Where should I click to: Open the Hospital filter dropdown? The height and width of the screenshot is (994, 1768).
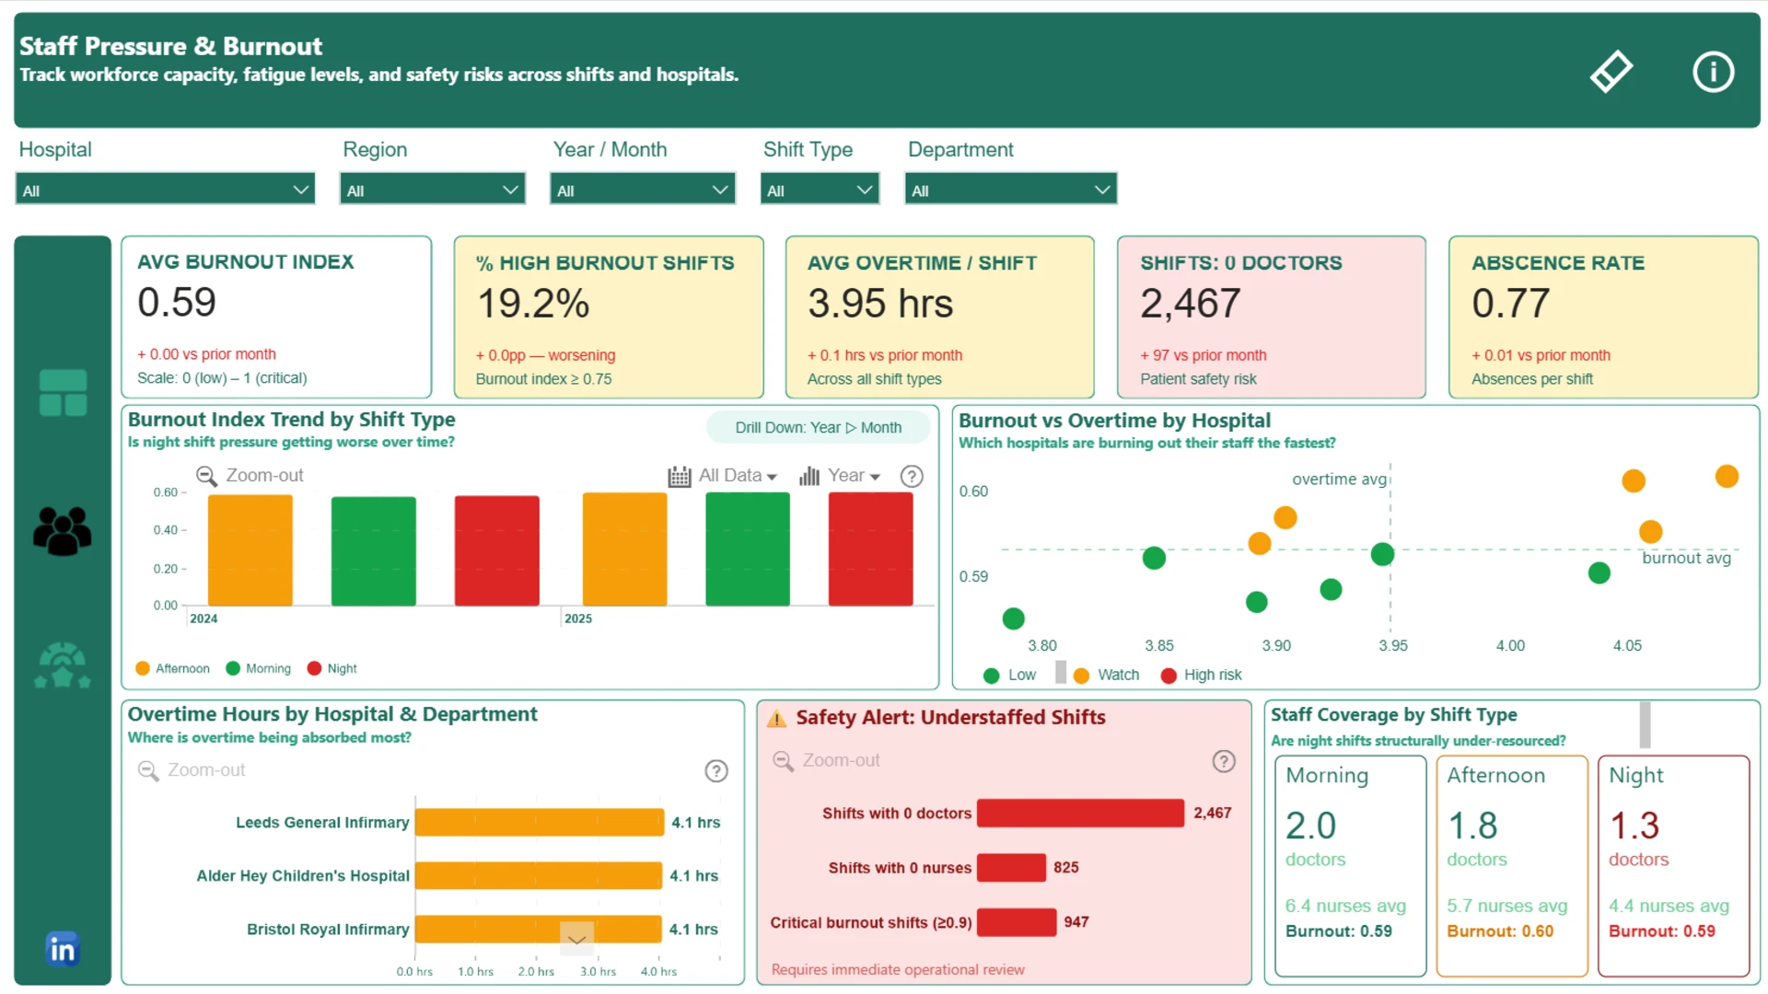tap(166, 190)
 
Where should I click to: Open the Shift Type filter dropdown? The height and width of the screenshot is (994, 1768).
tap(820, 190)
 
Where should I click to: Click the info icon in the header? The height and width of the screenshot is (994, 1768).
tap(1713, 71)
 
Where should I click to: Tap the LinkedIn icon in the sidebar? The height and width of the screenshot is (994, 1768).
tap(63, 948)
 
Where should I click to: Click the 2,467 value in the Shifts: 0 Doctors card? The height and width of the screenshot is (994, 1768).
tap(1191, 304)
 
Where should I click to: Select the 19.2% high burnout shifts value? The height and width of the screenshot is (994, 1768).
tap(533, 304)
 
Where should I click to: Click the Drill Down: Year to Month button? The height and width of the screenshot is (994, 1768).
tap(818, 427)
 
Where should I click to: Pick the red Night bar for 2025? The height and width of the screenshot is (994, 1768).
tap(870, 549)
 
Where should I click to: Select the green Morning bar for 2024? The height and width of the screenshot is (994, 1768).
tap(373, 551)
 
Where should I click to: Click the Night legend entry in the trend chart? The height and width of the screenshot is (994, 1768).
tap(332, 668)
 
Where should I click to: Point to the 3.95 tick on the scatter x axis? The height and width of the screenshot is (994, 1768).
tap(1392, 645)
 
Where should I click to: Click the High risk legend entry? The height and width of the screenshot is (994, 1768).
tap(1202, 675)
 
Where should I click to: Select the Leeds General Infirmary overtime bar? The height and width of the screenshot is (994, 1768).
tap(540, 822)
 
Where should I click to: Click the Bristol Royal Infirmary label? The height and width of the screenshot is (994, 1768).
tap(328, 930)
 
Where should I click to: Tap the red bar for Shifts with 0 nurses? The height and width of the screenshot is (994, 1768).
tap(1011, 867)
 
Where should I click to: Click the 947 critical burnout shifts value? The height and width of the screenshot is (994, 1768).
tap(1076, 921)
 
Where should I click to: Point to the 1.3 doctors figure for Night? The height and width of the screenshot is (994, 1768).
tap(1634, 826)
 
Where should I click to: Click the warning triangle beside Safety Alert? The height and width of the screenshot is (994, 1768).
tap(777, 718)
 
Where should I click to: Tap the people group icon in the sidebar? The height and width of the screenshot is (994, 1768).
tap(63, 531)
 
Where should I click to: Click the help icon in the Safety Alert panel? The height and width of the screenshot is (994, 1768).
tap(1223, 761)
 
